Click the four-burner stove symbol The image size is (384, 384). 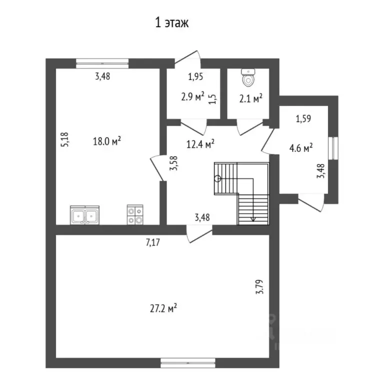click(135, 215)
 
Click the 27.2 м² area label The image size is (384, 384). click(164, 308)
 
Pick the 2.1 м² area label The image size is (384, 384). click(251, 99)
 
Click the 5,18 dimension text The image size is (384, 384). click(64, 139)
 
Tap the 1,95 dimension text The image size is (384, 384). click(196, 77)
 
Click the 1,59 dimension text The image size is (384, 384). click(303, 119)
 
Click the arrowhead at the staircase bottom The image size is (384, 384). click(253, 218)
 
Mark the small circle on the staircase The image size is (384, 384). click(217, 178)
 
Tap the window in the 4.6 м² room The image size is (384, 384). click(333, 148)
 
